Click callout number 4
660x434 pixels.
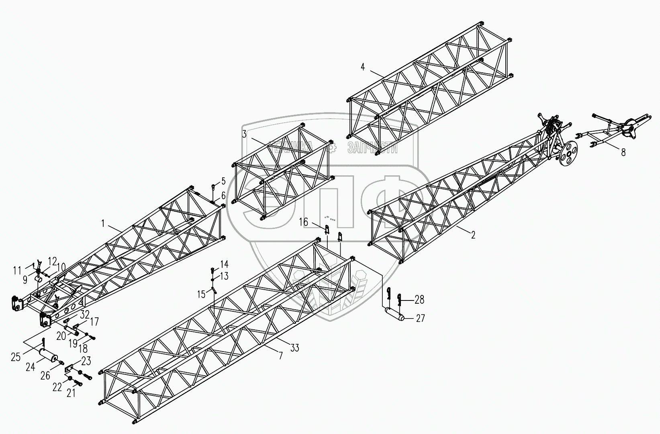point(363,67)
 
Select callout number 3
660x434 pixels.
point(244,134)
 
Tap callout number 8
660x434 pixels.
point(623,152)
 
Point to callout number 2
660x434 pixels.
point(473,235)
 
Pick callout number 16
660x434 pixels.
point(303,222)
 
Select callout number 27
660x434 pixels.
point(420,318)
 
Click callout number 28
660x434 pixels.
point(419,300)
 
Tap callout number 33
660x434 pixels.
point(295,348)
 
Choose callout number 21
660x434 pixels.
point(71,393)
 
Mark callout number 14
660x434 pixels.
point(224,264)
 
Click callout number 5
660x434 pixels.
point(224,181)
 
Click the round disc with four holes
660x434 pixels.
point(568,153)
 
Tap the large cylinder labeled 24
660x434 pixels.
point(48,356)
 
